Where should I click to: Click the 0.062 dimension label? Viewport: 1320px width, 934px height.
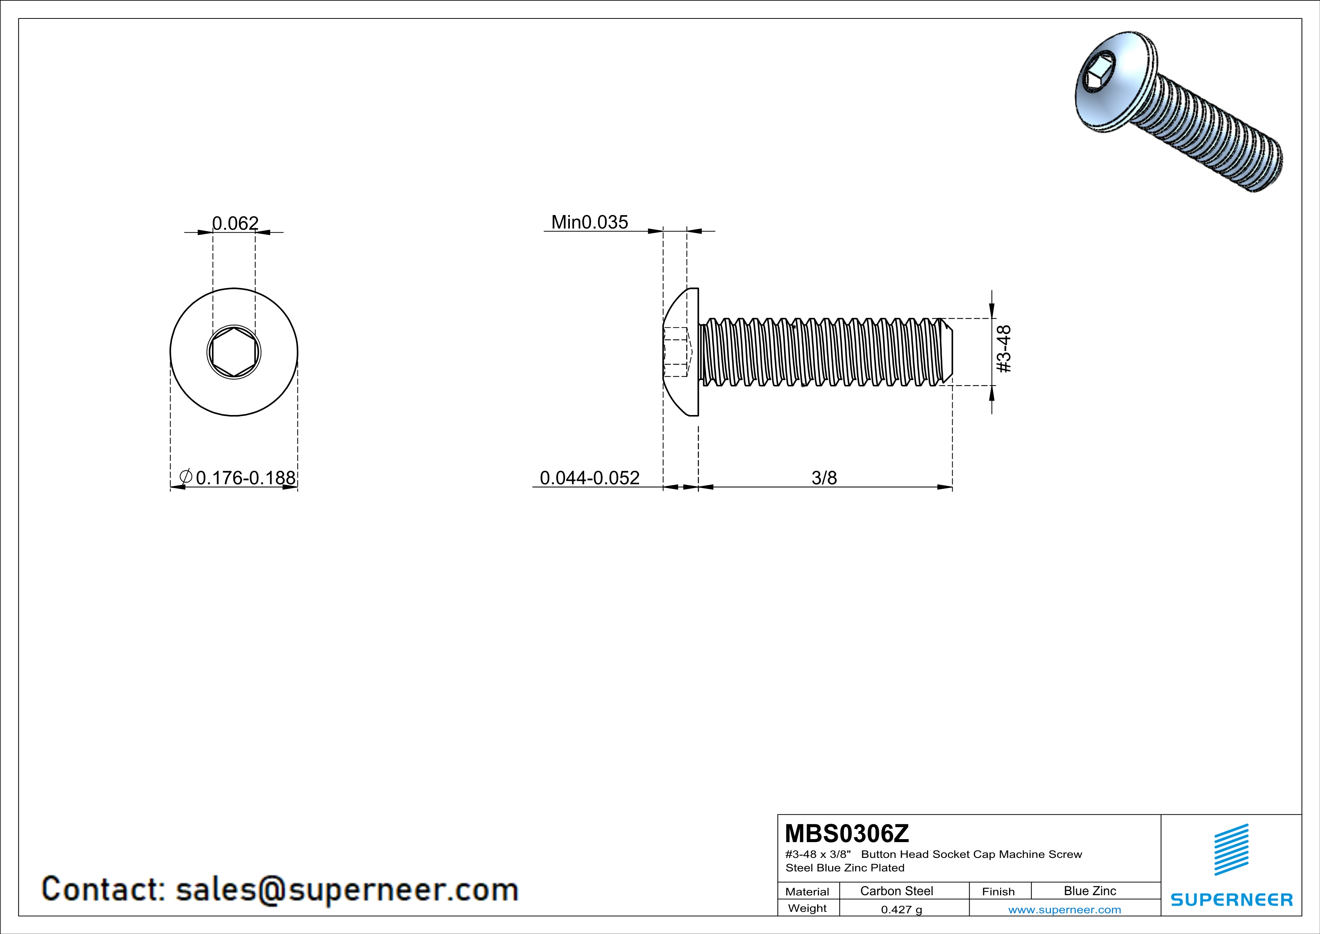tap(235, 223)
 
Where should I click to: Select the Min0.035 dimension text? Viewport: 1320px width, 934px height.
tap(589, 222)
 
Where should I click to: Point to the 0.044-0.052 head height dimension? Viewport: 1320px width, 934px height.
tap(589, 477)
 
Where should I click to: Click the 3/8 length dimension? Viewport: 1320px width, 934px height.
tap(824, 477)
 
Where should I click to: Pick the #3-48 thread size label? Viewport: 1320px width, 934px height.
tap(1003, 349)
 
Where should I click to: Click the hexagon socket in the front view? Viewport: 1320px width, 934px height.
tap(233, 352)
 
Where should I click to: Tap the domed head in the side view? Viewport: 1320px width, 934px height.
tap(681, 352)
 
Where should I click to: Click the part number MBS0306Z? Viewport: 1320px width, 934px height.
tap(847, 833)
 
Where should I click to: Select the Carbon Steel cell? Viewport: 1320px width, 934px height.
tap(896, 891)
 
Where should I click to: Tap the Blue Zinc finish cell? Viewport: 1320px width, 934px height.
tap(1090, 891)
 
